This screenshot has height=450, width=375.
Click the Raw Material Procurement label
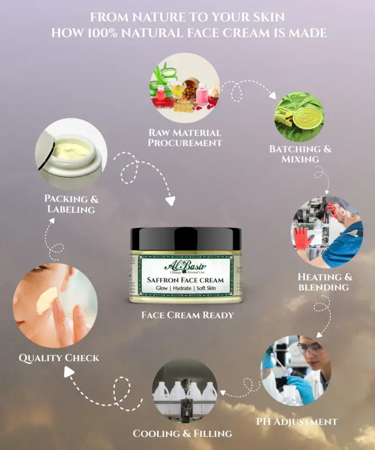pyautogui.click(x=184, y=138)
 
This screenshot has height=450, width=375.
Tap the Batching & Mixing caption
pyautogui.click(x=300, y=154)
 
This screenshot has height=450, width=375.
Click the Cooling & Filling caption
pyautogui.click(x=182, y=433)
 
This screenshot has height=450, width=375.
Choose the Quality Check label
pyautogui.click(x=59, y=357)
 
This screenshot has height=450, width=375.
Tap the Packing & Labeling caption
pyautogui.click(x=70, y=204)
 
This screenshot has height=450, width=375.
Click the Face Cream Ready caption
pyautogui.click(x=187, y=315)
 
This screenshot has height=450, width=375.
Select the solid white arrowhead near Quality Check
pyautogui.click(x=69, y=371)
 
